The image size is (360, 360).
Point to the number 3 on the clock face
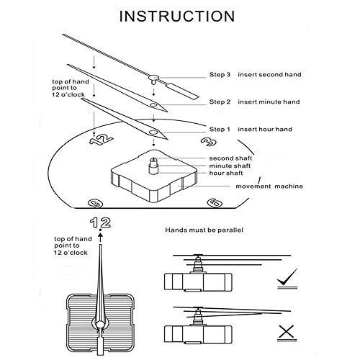pos(209,143)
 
